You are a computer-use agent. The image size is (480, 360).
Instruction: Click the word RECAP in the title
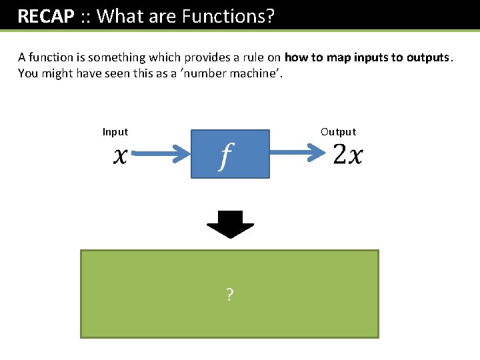click(x=45, y=16)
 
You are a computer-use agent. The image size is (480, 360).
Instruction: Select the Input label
click(x=115, y=132)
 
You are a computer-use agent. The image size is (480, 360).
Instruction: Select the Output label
click(x=338, y=132)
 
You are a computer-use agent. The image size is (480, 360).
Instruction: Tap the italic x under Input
click(x=120, y=155)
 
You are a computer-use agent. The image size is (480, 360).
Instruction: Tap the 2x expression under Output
click(x=347, y=155)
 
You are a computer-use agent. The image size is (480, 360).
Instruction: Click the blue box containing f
click(x=230, y=154)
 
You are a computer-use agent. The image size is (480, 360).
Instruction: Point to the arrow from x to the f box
click(x=160, y=155)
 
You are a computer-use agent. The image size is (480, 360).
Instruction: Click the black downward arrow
click(x=230, y=224)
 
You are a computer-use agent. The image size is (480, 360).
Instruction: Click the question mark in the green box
click(x=229, y=295)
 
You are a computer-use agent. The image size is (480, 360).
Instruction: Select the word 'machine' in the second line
click(x=256, y=73)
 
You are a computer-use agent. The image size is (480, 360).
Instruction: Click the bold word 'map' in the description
click(x=338, y=57)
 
